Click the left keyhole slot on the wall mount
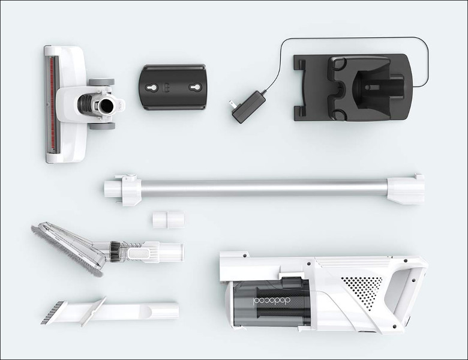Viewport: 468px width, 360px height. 149,88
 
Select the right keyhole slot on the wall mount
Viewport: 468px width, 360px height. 195,88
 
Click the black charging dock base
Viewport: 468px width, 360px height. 352,88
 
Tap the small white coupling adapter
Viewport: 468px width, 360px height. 169,220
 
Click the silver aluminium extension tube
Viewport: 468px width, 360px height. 264,188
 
